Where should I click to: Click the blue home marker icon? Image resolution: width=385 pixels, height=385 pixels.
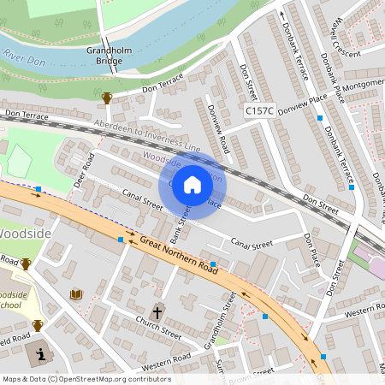[192, 185]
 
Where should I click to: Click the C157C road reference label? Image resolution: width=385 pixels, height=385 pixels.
[259, 110]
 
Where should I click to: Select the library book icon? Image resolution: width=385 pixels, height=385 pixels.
[75, 294]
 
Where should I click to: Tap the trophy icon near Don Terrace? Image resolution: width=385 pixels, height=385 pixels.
[107, 98]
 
